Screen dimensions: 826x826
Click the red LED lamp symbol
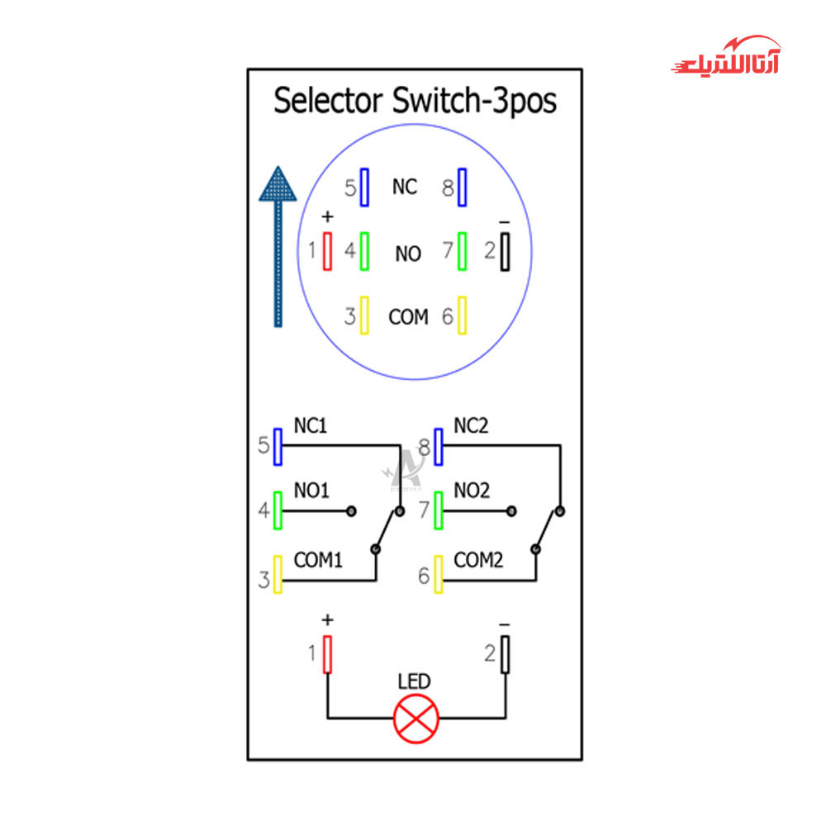coord(416,718)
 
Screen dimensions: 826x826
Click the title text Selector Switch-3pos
coord(415,102)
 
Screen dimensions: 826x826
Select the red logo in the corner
coord(725,58)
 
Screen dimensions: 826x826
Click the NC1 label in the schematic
coord(311,427)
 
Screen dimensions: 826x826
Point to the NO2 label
coord(472,491)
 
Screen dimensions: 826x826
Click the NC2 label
coord(471,427)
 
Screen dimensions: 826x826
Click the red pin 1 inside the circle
coord(328,250)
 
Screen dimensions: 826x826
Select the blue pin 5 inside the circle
coord(363,188)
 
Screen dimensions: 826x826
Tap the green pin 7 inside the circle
coord(463,250)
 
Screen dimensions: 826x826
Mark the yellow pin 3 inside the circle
coord(363,316)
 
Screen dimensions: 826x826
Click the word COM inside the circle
coord(408,317)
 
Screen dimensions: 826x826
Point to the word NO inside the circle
coord(408,254)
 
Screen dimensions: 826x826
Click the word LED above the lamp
coord(414,682)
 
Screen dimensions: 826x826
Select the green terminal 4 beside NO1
coord(278,510)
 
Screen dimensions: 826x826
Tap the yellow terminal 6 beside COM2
coord(439,574)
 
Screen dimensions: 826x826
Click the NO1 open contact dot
coord(351,511)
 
